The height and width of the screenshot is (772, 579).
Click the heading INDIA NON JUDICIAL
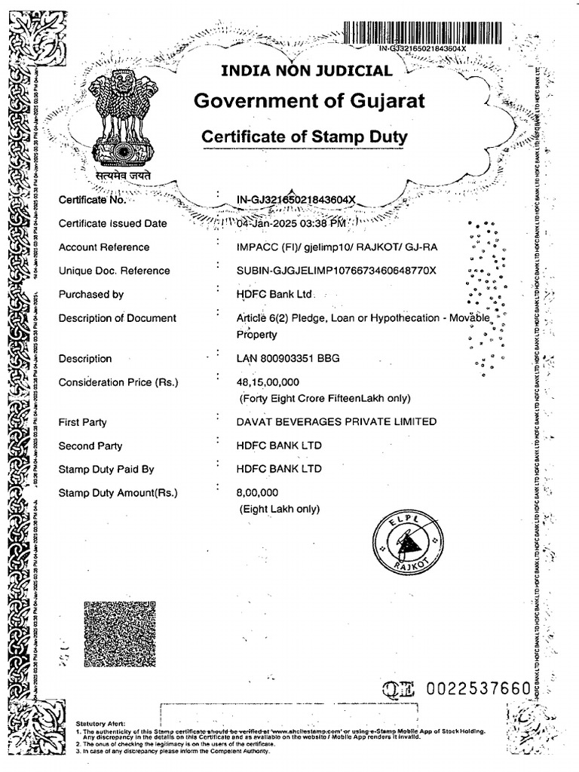coord(305,72)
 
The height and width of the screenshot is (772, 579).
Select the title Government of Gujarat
coord(309,100)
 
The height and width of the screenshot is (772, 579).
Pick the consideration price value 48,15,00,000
coord(268,382)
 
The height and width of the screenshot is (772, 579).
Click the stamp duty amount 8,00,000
coord(258,493)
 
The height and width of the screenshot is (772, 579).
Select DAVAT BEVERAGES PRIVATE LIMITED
coord(336,421)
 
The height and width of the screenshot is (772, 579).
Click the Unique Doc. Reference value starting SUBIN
coord(336,271)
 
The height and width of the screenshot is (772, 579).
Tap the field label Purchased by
coord(91,295)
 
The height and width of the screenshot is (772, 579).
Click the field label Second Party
coord(90,446)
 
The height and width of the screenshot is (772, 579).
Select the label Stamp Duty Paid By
coord(106,469)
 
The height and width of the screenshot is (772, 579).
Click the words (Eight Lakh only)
coord(280,509)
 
